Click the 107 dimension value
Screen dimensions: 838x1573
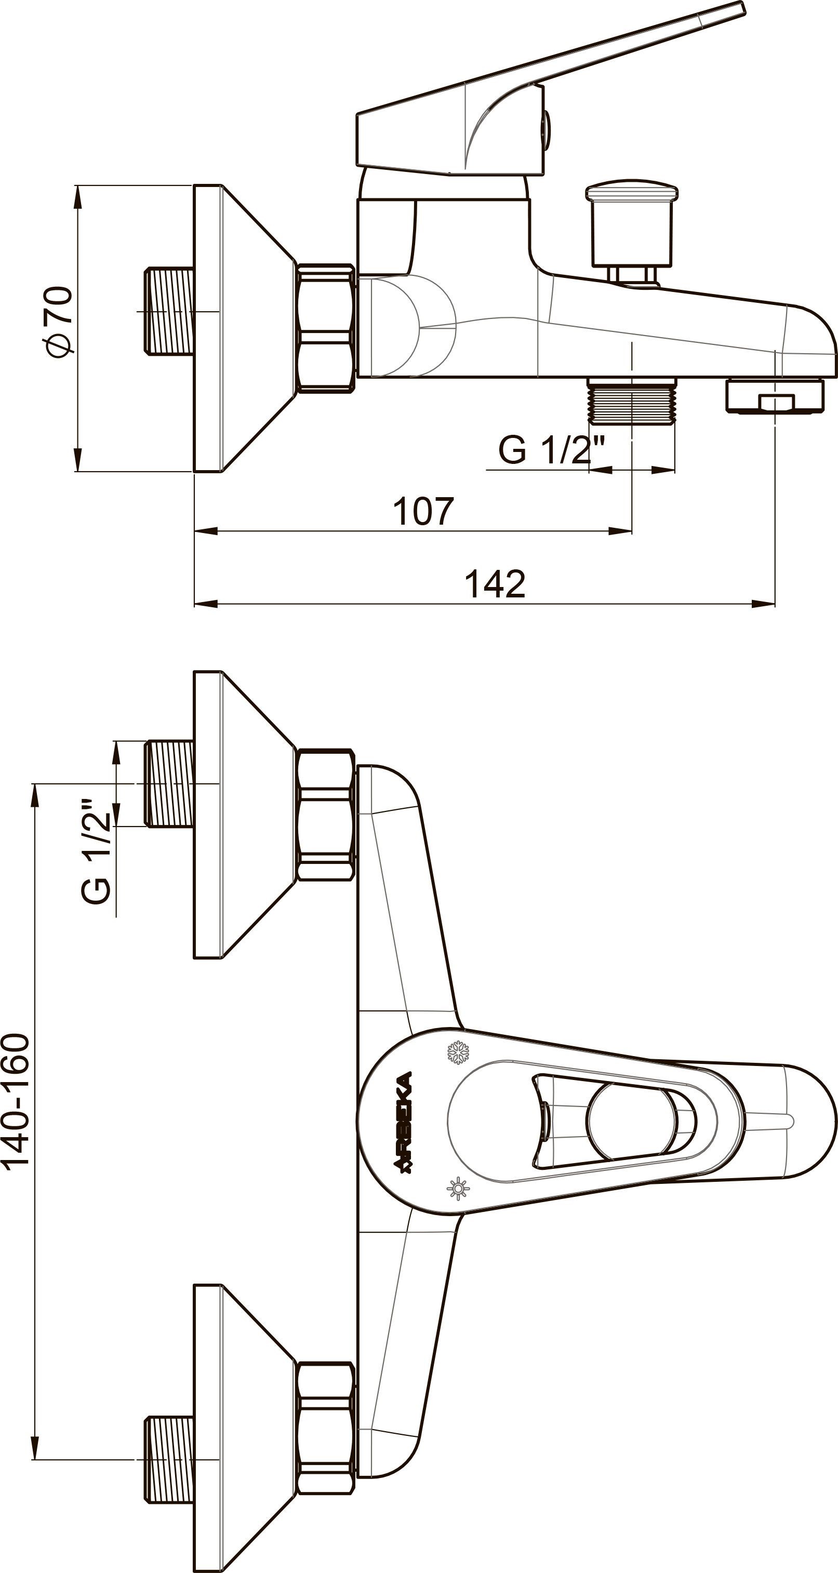click(423, 511)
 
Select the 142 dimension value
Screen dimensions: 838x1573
click(495, 584)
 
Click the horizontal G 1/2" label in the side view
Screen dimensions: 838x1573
click(551, 450)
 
